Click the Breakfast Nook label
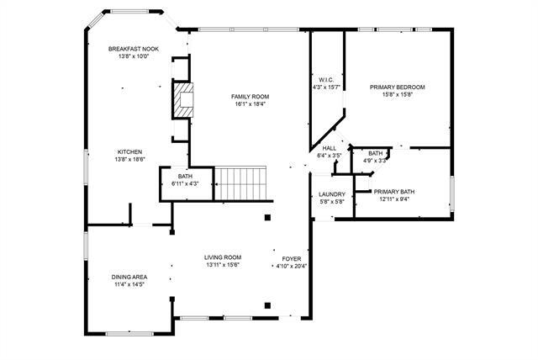point(134,49)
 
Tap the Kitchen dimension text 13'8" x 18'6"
point(130,159)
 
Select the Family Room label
point(250,97)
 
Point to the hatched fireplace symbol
point(182,100)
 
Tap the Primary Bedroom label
point(397,87)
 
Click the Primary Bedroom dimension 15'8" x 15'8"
point(397,94)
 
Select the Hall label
point(329,148)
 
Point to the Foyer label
point(292,258)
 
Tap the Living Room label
point(222,257)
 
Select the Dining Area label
point(129,277)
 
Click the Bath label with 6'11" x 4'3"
point(185,176)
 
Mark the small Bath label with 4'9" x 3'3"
point(375,153)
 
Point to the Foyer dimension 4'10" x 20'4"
point(292,266)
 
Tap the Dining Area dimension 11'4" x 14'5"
point(129,284)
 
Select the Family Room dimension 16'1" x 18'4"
point(250,104)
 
